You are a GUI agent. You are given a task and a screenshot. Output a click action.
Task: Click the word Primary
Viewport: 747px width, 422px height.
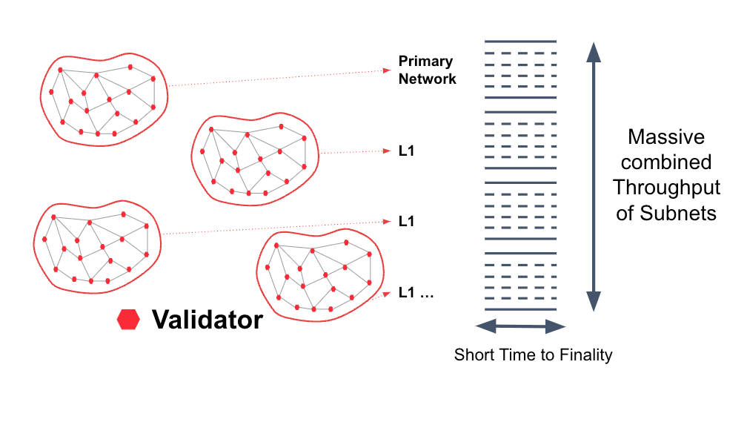pyautogui.click(x=425, y=62)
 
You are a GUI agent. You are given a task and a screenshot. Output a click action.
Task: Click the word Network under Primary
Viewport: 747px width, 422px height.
pyautogui.click(x=428, y=78)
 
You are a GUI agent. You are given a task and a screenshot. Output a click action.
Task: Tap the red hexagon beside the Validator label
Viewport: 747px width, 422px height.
pyautogui.click(x=128, y=319)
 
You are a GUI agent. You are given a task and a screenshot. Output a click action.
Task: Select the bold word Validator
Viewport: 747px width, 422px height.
pyautogui.click(x=207, y=320)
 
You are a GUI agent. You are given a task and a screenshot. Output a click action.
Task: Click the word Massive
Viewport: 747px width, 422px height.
pyautogui.click(x=666, y=137)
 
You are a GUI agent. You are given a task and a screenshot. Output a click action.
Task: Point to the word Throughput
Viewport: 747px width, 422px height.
pyautogui.click(x=666, y=188)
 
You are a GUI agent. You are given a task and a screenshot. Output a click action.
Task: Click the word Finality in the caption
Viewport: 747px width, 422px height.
pyautogui.click(x=584, y=355)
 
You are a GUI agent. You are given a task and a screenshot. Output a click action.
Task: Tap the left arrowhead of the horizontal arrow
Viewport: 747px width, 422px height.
pyautogui.click(x=483, y=326)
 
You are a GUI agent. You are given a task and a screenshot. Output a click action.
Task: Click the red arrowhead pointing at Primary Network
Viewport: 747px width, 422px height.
pyautogui.click(x=386, y=70)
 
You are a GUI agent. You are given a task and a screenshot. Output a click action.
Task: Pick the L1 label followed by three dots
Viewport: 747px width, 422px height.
pyautogui.click(x=415, y=292)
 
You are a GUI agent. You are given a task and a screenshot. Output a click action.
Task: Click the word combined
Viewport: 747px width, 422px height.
pyautogui.click(x=666, y=162)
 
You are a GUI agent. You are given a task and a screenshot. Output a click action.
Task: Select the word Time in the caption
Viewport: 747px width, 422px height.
pyautogui.click(x=511, y=355)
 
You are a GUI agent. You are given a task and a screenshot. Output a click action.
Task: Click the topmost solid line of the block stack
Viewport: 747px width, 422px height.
pyautogui.click(x=520, y=41)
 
